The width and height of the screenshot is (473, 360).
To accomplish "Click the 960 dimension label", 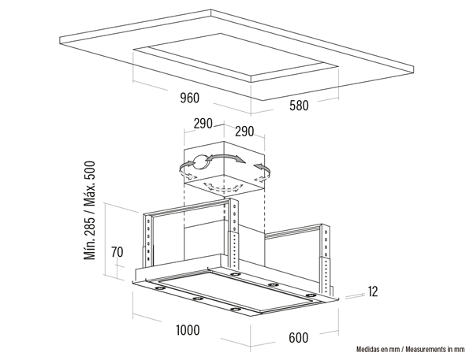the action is point(190,98).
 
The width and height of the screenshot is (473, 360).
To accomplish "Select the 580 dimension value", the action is point(299,106).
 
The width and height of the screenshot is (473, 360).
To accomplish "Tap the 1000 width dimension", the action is point(188,330).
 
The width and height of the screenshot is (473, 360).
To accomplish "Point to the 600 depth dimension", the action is point(299,338).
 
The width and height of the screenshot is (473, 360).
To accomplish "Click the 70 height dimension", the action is point(117,252).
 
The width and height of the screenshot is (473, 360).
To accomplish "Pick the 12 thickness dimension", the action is point(373,291).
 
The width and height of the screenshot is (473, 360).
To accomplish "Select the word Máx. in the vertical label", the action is point(89,192).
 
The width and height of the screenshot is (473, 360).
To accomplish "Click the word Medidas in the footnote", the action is point(367,350).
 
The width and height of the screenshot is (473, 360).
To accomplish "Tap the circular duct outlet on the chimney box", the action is point(199,162).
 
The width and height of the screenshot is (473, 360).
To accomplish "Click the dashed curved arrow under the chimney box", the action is point(224,187).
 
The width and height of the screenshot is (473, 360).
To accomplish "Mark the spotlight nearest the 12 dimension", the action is point(310,295).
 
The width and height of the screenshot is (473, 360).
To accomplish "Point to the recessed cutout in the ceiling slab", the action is point(234,57).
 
